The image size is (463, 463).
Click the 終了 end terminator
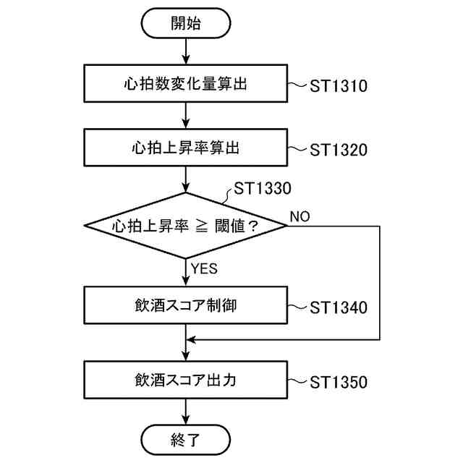click(186, 438)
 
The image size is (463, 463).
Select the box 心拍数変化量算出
click(186, 85)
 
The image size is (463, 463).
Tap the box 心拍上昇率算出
click(186, 148)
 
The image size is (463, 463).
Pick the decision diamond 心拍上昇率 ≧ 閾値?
click(186, 225)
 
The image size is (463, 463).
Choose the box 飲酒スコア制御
click(186, 305)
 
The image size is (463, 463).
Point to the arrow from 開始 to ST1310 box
click(187, 51)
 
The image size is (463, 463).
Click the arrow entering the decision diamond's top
click(187, 179)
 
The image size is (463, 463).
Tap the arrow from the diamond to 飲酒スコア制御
click(187, 273)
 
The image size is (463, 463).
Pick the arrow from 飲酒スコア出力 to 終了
click(187, 411)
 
